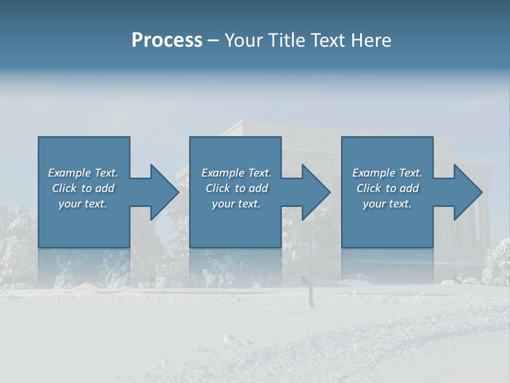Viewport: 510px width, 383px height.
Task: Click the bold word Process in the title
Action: (x=167, y=40)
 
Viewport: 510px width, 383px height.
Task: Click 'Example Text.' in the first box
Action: (x=83, y=173)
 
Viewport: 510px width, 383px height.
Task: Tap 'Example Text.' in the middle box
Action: (x=236, y=173)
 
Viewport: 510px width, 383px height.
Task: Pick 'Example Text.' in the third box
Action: (x=387, y=173)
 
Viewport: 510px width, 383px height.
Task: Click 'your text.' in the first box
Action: (x=83, y=204)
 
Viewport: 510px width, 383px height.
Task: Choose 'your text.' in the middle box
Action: (x=236, y=204)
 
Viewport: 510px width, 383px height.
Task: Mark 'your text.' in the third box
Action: (x=387, y=204)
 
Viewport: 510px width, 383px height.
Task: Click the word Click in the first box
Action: (x=64, y=188)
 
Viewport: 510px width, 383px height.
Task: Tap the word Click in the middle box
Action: (x=218, y=188)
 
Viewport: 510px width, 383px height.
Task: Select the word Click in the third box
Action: (x=369, y=188)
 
